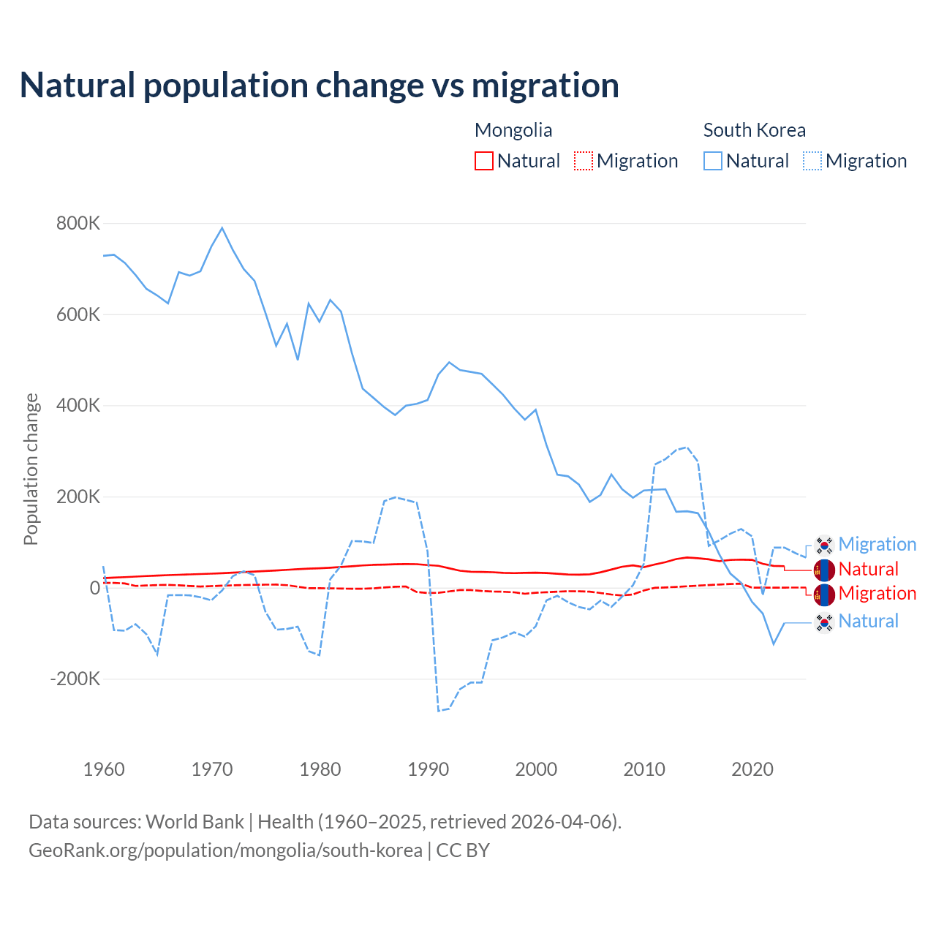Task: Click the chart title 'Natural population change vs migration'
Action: pos(320,85)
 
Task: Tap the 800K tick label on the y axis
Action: pos(78,223)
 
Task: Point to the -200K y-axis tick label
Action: pos(75,679)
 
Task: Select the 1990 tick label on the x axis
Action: pos(429,769)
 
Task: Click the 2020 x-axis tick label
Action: pos(752,769)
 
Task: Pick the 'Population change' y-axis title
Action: pos(31,469)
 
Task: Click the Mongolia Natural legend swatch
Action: pos(484,161)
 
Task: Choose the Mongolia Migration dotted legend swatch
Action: pos(584,161)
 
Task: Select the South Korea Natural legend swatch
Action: pos(713,161)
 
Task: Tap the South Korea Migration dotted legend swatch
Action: pos(812,161)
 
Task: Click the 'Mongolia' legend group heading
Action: pos(513,130)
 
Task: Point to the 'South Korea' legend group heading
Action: pos(754,130)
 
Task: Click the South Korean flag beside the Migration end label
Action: pos(824,545)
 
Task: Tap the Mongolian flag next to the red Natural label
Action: pos(824,570)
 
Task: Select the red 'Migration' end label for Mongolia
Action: pos(877,593)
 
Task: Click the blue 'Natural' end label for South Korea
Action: pos(868,621)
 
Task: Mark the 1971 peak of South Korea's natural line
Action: pos(222,228)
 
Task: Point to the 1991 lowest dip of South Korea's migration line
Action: pos(439,710)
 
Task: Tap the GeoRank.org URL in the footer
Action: pos(225,850)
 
